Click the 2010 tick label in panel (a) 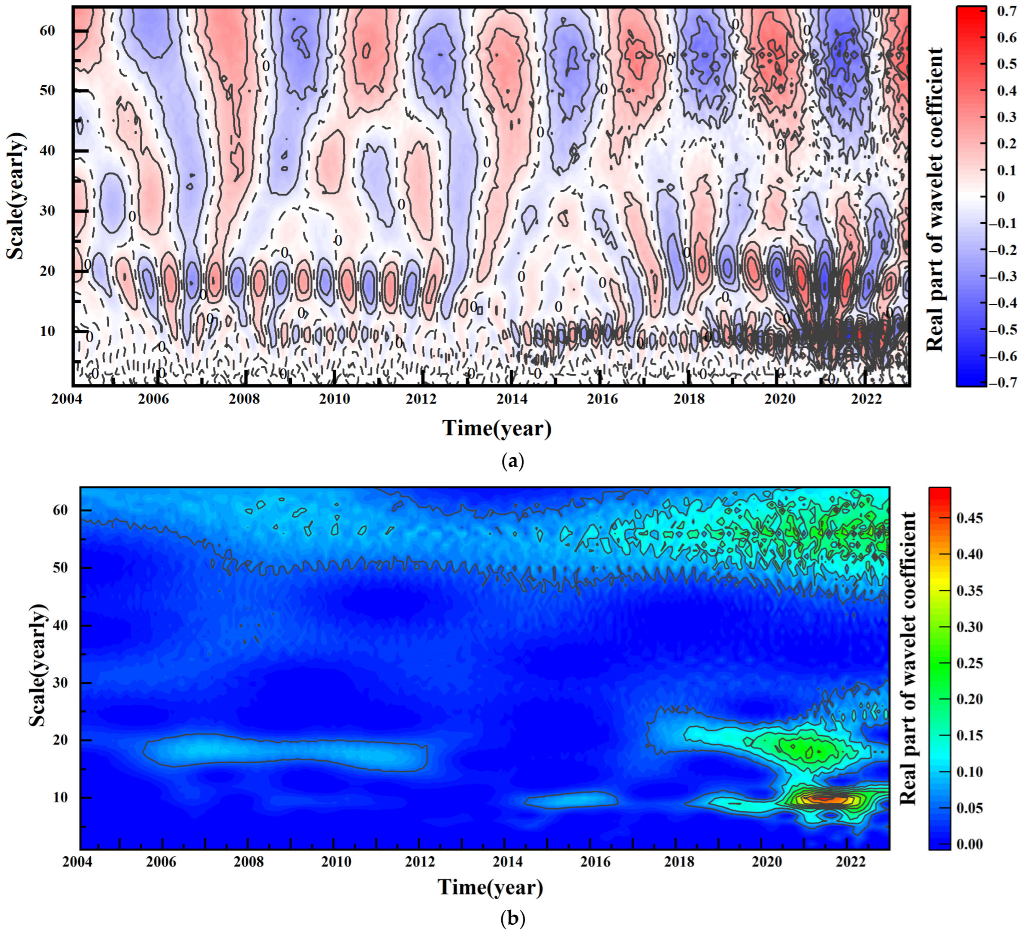tap(334, 399)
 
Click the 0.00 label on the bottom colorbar tap(969, 844)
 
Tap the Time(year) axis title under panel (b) tap(490, 887)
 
